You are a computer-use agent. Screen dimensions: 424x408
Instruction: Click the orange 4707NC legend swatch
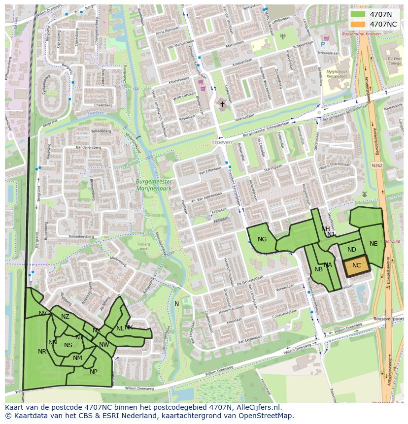click(358, 24)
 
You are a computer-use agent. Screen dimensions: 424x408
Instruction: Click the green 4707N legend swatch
click(358, 14)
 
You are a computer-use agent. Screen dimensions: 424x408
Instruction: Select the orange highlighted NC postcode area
click(356, 265)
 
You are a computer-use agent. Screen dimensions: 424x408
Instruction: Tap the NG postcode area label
click(262, 239)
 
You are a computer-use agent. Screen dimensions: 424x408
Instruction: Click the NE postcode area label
click(374, 244)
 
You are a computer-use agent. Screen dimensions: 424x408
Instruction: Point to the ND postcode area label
click(351, 250)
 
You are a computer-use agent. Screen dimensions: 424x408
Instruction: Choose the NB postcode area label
click(318, 269)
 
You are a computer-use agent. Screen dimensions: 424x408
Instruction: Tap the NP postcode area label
click(94, 372)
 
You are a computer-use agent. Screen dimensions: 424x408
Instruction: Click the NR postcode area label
click(42, 352)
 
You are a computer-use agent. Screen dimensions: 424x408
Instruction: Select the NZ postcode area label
click(65, 317)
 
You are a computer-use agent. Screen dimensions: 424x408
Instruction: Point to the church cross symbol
click(222, 104)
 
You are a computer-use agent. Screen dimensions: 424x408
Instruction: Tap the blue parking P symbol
click(323, 44)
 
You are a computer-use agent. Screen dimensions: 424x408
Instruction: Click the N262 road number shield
click(377, 165)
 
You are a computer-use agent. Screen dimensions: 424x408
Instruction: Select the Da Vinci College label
click(394, 60)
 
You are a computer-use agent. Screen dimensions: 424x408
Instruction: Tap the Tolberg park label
click(143, 246)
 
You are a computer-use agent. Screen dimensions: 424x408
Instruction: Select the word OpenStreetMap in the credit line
click(269, 416)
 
